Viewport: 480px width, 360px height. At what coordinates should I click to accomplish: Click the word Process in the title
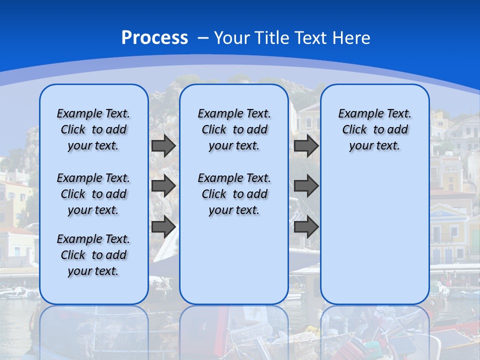point(154,37)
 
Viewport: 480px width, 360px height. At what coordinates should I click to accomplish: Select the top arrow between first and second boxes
point(163,146)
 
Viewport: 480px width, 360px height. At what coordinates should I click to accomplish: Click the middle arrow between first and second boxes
point(163,186)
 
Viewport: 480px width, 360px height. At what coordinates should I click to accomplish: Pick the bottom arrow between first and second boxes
point(163,227)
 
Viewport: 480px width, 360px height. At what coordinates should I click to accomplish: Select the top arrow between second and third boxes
point(306,146)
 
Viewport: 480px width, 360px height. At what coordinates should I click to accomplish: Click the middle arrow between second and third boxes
point(306,186)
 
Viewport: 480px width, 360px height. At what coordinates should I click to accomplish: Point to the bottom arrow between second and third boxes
point(306,227)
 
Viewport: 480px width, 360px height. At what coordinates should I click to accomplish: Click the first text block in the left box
point(93,129)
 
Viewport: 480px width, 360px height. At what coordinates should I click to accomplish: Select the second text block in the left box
point(93,194)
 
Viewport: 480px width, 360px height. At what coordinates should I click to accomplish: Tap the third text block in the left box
point(93,255)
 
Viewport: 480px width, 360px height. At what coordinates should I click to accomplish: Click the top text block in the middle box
point(234,129)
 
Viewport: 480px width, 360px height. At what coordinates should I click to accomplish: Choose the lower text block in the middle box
point(234,194)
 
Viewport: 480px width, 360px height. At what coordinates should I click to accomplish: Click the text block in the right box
point(374,129)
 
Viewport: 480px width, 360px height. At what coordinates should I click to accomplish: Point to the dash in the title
point(202,38)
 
